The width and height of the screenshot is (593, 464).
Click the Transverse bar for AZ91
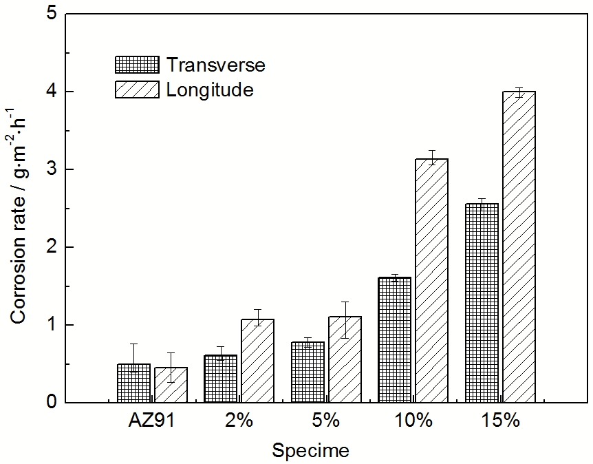click(x=133, y=383)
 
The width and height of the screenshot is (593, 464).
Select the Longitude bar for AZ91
click(x=171, y=385)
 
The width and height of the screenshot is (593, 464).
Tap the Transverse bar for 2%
click(x=220, y=379)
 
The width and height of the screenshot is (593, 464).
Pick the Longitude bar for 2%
click(x=257, y=361)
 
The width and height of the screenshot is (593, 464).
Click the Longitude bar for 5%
click(x=345, y=359)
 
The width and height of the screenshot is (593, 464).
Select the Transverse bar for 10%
click(x=395, y=340)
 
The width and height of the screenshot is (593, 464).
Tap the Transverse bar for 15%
click(x=482, y=303)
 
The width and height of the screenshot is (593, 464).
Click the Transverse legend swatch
click(x=136, y=65)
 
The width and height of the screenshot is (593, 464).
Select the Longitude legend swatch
click(x=136, y=89)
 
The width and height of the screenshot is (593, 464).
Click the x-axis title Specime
click(x=310, y=451)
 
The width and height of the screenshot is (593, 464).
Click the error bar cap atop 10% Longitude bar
click(x=432, y=150)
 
